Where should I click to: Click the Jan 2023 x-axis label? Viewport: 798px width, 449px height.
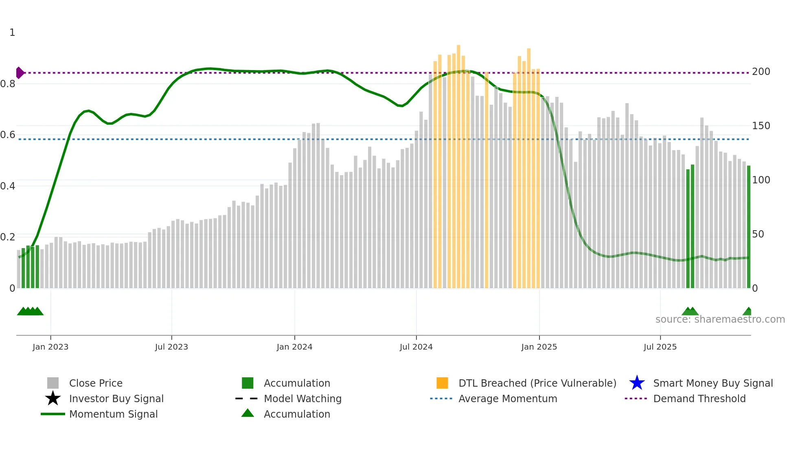[x=50, y=347]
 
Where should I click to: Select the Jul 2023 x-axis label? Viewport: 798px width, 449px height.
[x=171, y=347]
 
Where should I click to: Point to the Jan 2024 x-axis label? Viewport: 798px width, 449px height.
[x=294, y=347]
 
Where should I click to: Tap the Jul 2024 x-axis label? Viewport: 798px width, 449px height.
[x=416, y=347]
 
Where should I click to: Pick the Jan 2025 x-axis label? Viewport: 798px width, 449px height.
[x=539, y=347]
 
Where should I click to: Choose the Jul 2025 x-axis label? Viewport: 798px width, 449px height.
[x=660, y=347]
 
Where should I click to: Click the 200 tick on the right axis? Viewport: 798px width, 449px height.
[x=761, y=72]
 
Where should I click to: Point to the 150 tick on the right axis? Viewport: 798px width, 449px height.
[x=761, y=126]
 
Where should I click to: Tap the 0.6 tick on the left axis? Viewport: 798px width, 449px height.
[x=8, y=135]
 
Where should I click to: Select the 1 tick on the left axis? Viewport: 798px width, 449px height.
[x=12, y=33]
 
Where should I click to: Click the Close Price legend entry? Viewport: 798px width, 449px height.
[x=96, y=383]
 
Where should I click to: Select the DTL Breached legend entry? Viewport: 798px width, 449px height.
[x=537, y=383]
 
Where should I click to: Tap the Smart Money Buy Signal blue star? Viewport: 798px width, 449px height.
[x=637, y=383]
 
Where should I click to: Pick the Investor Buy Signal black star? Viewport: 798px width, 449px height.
[x=53, y=398]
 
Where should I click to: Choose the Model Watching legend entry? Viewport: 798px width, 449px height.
[x=303, y=398]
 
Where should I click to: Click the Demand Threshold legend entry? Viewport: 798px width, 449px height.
[x=699, y=398]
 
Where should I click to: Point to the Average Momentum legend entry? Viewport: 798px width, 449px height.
[x=508, y=398]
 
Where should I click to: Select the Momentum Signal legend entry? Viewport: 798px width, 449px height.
[x=113, y=414]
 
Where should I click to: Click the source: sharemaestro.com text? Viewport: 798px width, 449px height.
[x=720, y=319]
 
